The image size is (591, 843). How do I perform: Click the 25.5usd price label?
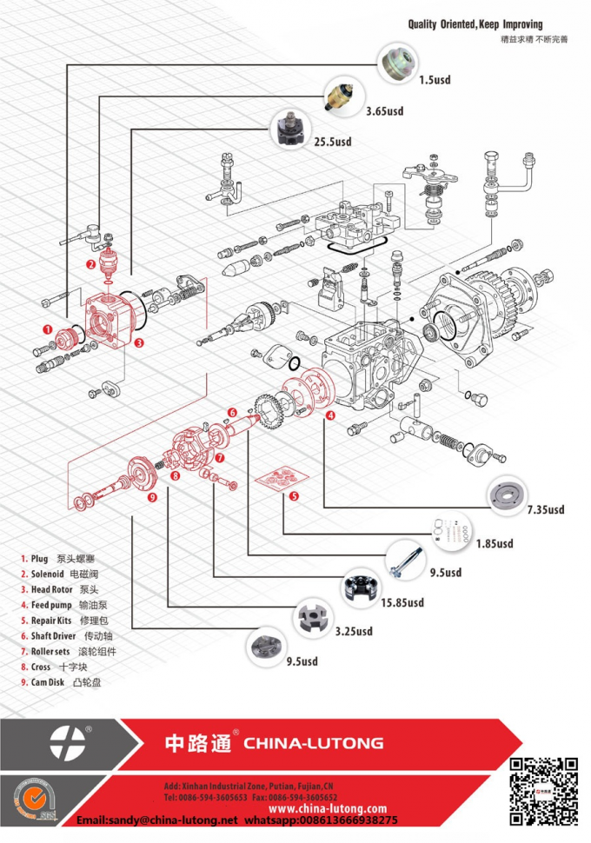[x=332, y=142]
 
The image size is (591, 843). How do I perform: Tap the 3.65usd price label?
[x=384, y=111]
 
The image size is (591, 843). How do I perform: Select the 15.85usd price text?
[x=402, y=602]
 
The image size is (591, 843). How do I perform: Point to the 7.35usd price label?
[x=545, y=510]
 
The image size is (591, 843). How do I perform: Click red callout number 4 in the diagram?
[x=330, y=415]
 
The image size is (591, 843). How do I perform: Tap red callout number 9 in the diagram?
[x=152, y=497]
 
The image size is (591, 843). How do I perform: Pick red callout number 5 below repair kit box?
[x=295, y=496]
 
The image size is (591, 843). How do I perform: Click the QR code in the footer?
[x=542, y=790]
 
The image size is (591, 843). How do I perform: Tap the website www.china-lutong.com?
[x=327, y=808]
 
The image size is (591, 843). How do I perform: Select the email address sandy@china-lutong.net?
[x=157, y=820]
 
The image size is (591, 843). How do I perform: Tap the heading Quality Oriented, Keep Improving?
[x=475, y=24]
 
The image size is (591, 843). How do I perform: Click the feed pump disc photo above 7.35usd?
[x=508, y=495]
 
